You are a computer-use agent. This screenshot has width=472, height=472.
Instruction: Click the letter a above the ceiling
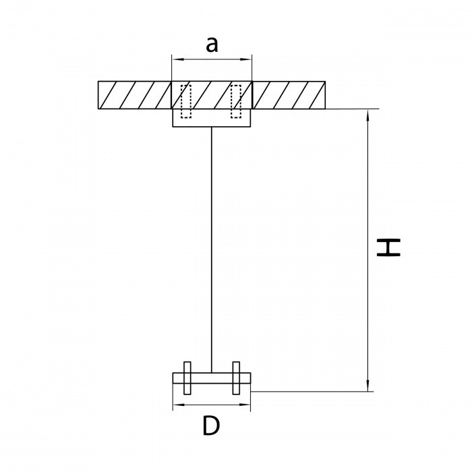point(212,45)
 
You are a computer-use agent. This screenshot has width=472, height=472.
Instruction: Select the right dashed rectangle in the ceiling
point(236,101)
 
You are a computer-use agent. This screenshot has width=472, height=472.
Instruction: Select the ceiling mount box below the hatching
point(212,118)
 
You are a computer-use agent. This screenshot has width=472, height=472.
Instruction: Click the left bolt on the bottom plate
point(187,378)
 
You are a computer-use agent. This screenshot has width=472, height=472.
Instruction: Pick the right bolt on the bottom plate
point(236,378)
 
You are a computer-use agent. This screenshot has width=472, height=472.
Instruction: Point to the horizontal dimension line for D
point(212,405)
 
